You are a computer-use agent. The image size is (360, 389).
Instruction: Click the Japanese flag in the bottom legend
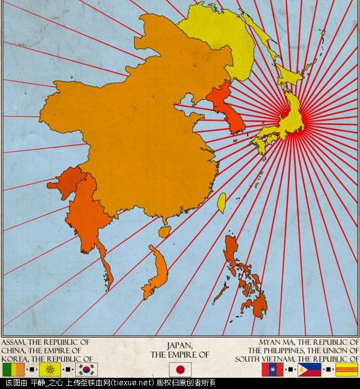click(180, 369)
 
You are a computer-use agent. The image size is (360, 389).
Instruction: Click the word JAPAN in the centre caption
click(180, 345)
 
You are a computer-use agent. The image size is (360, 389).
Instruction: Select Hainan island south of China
click(164, 232)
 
